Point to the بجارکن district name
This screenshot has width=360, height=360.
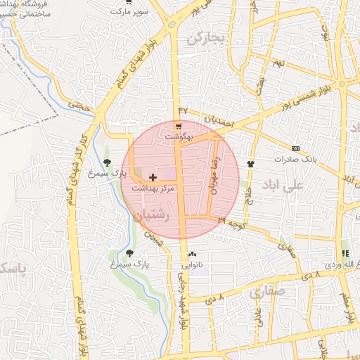204,38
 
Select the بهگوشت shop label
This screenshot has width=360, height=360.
179,135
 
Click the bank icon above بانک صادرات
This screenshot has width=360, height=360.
295,148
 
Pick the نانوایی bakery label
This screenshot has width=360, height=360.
192,265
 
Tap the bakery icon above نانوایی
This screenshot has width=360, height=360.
193,255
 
